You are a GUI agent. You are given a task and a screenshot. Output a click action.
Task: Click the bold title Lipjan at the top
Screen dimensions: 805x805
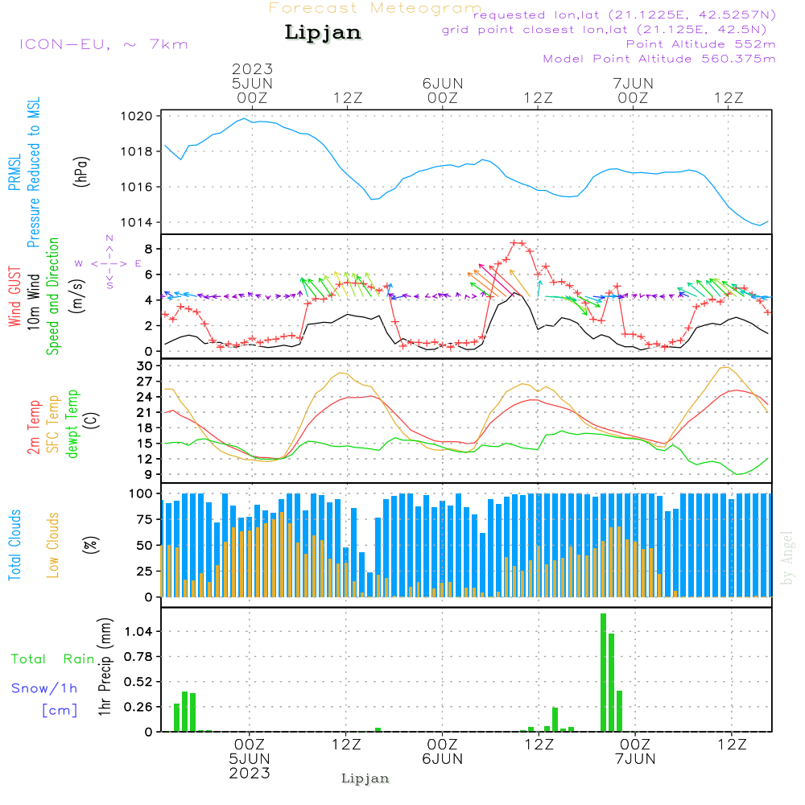(323, 33)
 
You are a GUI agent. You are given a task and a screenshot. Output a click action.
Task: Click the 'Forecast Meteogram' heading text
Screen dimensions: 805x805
(375, 8)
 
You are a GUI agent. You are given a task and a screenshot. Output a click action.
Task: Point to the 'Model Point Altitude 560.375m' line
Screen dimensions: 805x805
(659, 59)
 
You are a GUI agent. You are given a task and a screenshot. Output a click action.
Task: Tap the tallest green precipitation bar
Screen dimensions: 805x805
(603, 672)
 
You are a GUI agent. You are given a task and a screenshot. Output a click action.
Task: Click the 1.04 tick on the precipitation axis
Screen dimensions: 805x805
(138, 631)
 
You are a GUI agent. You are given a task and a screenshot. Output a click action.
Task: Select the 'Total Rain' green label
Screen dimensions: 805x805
(53, 659)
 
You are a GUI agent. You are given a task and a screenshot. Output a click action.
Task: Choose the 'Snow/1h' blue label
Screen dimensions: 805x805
(45, 688)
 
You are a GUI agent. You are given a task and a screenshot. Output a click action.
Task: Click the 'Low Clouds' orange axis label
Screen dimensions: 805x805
(54, 544)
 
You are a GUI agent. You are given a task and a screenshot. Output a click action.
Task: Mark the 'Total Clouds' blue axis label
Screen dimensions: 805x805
(15, 544)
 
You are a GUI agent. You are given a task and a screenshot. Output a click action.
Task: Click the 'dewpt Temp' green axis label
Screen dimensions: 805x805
(73, 424)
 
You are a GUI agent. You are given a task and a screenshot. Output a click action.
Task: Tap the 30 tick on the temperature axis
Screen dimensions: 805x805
(146, 365)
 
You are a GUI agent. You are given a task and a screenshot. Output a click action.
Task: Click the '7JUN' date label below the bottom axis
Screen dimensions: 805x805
(635, 759)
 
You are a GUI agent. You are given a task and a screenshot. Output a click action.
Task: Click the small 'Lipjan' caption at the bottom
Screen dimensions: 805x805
(365, 778)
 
